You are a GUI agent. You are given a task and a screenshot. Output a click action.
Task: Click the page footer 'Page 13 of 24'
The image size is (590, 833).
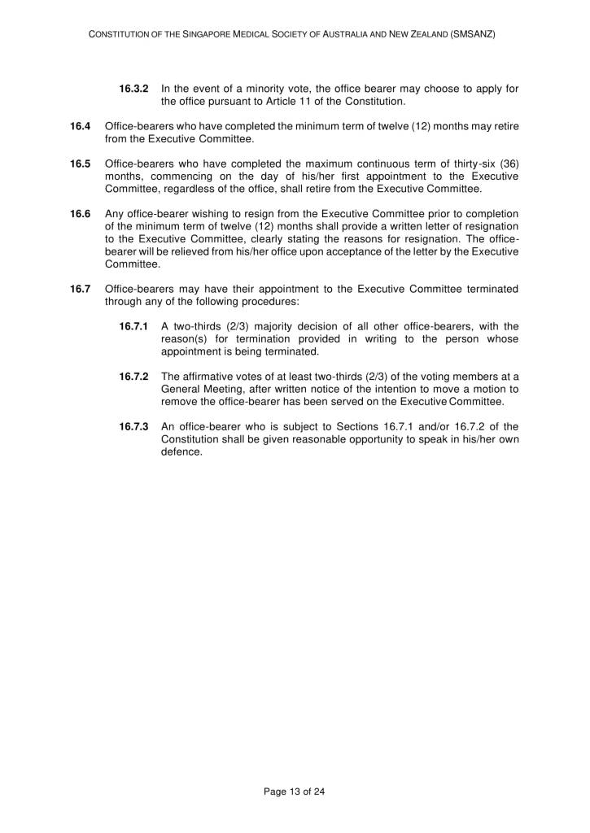pyautogui.click(x=295, y=790)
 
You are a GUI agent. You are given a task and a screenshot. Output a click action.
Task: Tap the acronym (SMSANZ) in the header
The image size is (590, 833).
pyautogui.click(x=473, y=37)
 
